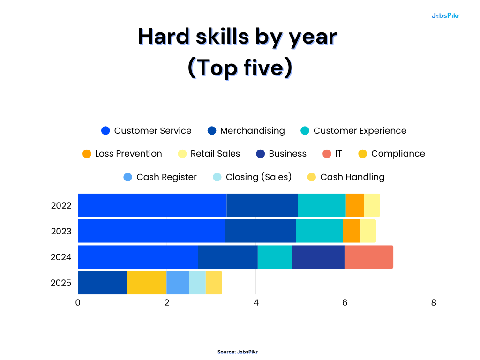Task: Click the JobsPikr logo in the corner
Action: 445,15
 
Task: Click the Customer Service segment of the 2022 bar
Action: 152,205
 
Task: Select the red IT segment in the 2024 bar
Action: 368,257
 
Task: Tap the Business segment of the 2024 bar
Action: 318,257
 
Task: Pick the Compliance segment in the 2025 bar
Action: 147,283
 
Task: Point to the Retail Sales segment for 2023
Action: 368,231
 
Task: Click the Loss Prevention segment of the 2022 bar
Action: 354,205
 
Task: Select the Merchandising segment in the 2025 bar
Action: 102,283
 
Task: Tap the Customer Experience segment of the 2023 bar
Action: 319,231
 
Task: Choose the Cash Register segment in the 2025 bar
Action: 178,283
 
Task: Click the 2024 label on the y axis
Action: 61,257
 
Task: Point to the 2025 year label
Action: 61,283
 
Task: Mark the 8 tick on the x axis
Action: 434,303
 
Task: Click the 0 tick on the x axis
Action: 78,303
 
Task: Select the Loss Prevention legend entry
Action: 122,154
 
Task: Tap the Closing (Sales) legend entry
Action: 252,177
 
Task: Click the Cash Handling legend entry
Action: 345,177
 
